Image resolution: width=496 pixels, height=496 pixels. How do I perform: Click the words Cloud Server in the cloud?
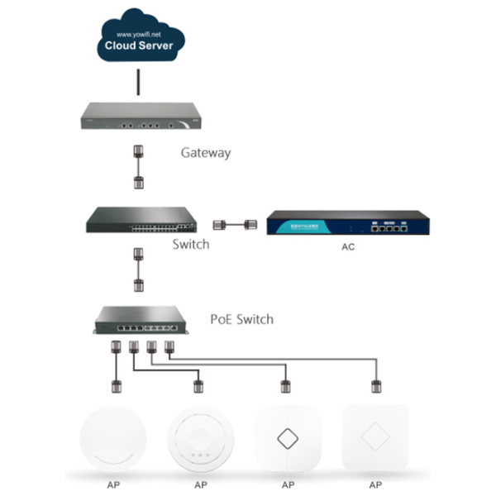tap(139, 45)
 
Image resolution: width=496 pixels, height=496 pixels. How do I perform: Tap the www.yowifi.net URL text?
tap(139, 34)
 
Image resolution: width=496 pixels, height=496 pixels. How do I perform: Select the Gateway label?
tap(205, 153)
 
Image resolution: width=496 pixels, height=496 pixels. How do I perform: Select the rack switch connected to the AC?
tap(140, 219)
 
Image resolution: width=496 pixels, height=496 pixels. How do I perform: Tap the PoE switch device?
tap(140, 321)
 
